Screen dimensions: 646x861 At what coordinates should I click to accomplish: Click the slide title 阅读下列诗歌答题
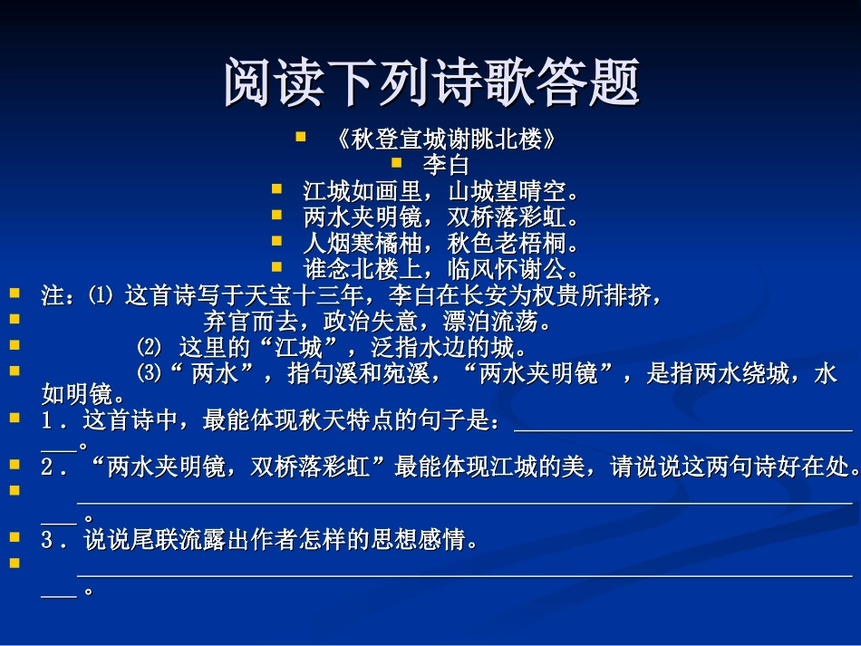(431, 82)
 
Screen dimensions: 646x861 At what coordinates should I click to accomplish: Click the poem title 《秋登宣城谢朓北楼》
(443, 140)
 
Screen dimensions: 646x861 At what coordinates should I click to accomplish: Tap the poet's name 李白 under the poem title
(446, 166)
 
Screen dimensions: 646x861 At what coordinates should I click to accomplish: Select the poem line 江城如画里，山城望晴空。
(441, 192)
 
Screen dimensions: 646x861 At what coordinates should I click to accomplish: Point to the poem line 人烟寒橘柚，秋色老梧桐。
(441, 244)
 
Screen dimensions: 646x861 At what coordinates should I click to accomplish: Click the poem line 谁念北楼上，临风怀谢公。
(441, 269)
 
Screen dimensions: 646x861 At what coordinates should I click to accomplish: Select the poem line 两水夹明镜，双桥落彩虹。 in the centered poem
(441, 217)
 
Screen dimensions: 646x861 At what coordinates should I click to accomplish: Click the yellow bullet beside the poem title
(301, 139)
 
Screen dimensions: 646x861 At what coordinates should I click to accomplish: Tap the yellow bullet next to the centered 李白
(395, 164)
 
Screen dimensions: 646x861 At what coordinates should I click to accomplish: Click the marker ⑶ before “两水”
(148, 372)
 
